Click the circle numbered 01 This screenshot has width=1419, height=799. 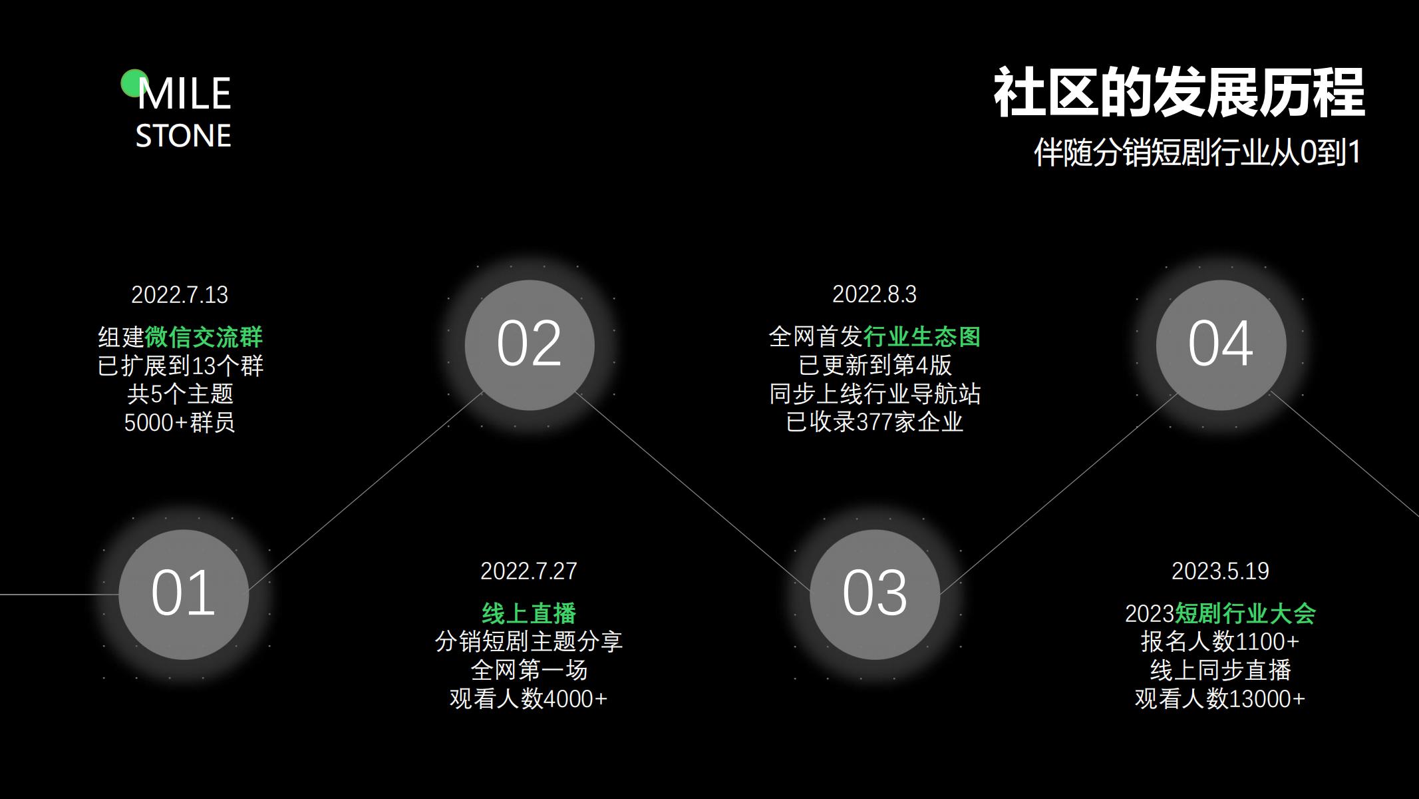[x=184, y=594]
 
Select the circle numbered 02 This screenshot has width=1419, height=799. [x=530, y=344]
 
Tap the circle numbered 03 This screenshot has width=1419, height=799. [x=875, y=594]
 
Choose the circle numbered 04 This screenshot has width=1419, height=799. [x=1221, y=344]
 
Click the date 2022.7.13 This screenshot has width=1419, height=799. [x=180, y=295]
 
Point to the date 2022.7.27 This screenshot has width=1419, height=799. [x=529, y=571]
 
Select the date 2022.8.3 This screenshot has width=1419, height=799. [x=874, y=294]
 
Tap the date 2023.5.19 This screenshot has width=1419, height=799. [x=1220, y=571]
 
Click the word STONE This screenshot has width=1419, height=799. [x=184, y=136]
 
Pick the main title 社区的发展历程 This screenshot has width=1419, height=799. [x=1179, y=93]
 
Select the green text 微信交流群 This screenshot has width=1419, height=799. [x=204, y=338]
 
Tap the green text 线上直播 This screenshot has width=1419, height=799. [x=529, y=613]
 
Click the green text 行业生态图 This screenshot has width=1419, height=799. [x=922, y=337]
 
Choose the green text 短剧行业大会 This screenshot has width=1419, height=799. [x=1245, y=613]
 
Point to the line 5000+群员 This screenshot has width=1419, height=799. [x=180, y=423]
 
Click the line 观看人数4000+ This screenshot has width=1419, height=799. [x=529, y=698]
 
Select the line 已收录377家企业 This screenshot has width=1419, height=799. [x=874, y=422]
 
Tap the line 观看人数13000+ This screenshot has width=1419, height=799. [x=1220, y=698]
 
